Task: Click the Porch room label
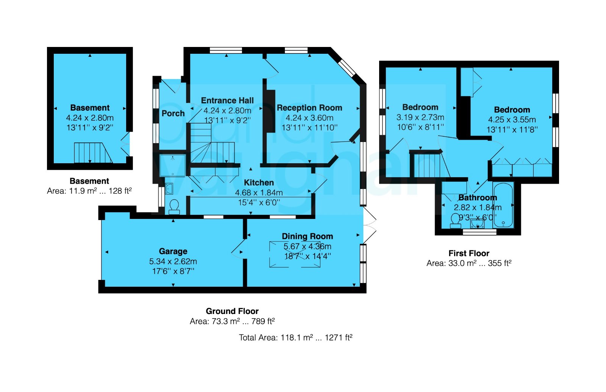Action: point(173,113)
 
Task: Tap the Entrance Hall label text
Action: point(227,100)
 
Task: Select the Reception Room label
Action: point(309,108)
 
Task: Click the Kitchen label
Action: point(259,183)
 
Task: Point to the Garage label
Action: point(173,251)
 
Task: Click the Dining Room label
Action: point(307,236)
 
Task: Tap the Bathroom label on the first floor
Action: point(477,198)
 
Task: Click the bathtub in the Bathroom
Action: point(503,205)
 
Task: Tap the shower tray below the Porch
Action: point(173,166)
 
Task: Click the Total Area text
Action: point(295,337)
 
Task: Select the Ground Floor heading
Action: point(232,311)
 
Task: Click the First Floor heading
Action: point(469,253)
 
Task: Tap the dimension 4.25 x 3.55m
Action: point(512,120)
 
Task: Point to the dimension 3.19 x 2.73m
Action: point(420,117)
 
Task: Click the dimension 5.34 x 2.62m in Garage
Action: point(173,261)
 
